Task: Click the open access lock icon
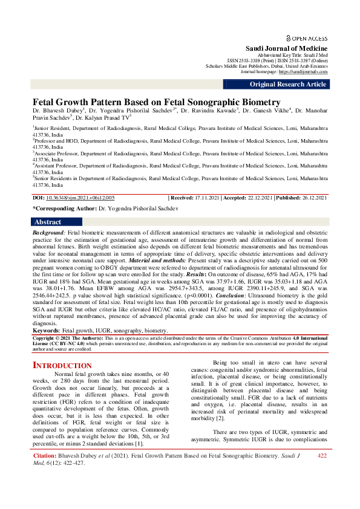[x=288, y=37]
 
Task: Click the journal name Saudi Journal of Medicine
[x=286, y=48]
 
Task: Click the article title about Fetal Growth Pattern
[x=156, y=102]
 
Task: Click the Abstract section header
[x=48, y=222]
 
